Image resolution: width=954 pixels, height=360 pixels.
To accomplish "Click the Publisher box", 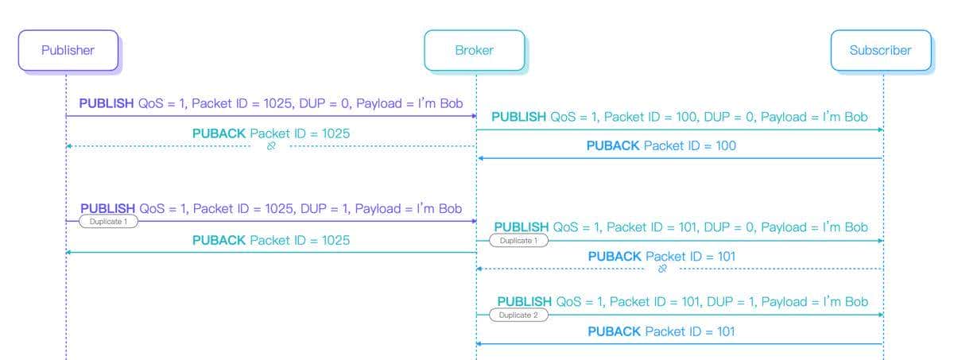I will click(68, 50).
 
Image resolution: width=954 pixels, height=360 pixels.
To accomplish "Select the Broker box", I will click(475, 50).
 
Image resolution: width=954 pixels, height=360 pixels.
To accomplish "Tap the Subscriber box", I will click(880, 50).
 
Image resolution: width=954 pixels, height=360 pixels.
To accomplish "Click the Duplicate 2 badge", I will click(518, 315).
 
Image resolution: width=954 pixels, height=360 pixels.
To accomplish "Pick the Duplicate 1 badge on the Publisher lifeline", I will click(107, 222).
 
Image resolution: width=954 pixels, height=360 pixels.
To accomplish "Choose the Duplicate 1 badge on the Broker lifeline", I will click(518, 241).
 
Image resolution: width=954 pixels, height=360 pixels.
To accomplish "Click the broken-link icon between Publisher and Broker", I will click(271, 147).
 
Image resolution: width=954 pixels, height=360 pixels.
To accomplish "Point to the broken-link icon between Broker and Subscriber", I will click(662, 269).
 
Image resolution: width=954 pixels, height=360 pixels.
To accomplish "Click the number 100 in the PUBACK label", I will click(725, 146).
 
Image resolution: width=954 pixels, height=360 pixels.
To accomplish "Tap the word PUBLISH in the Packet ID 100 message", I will click(519, 117).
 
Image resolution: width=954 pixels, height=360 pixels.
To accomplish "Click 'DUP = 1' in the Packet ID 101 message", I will click(728, 302).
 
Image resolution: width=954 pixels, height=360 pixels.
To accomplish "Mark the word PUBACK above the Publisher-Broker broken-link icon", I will click(219, 134).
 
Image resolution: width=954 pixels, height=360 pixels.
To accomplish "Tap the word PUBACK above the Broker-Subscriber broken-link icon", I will click(615, 256).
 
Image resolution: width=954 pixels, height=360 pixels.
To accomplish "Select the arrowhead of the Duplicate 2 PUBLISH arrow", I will click(880, 315).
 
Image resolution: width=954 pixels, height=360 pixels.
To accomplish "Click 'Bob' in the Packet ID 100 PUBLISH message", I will click(856, 117).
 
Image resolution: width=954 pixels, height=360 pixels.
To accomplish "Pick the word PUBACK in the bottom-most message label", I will click(614, 331).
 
